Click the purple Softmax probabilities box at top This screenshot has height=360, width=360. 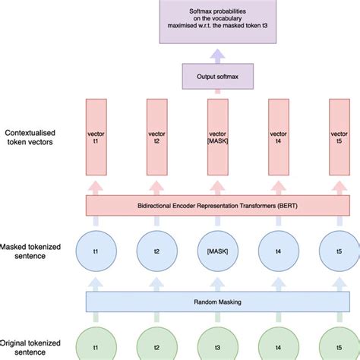217,21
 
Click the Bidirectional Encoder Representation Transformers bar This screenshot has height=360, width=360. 217,205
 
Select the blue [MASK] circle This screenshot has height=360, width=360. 218,251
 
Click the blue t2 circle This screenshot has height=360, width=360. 157,251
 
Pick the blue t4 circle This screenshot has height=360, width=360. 279,251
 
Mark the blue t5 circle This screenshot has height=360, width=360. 339,251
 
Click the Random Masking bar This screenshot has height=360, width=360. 217,301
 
